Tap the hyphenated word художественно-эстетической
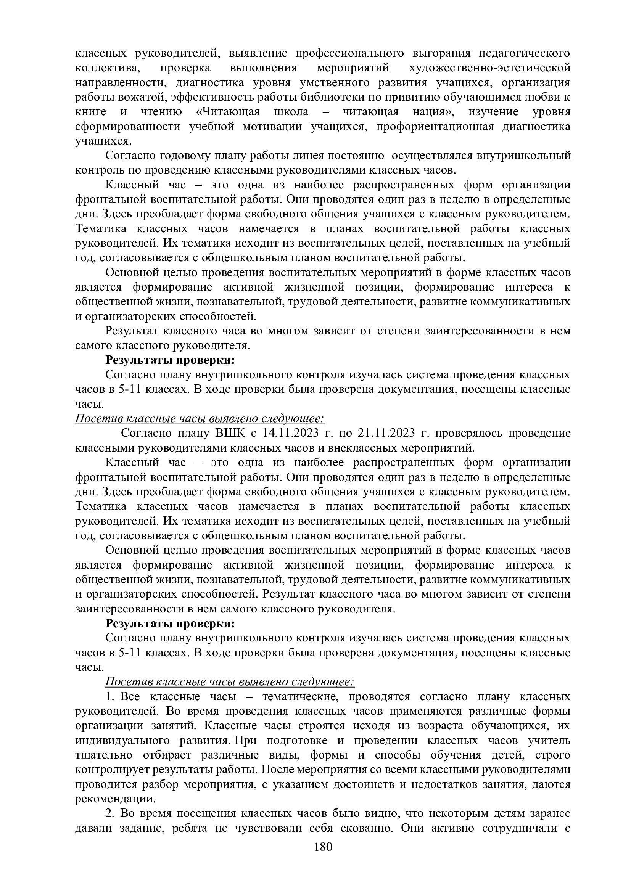490,68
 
